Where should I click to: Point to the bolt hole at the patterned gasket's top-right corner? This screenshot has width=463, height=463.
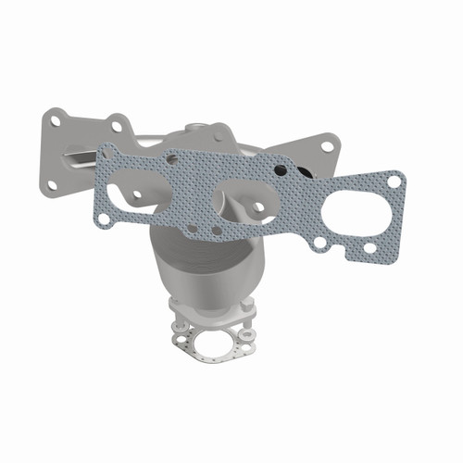[x=395, y=181]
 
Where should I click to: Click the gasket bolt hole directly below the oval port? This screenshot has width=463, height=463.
[x=370, y=248]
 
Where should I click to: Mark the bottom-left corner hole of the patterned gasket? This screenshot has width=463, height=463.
[x=105, y=219]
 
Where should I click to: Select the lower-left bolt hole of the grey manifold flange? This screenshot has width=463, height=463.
[x=51, y=184]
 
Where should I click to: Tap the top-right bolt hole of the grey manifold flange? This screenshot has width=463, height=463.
[x=328, y=144]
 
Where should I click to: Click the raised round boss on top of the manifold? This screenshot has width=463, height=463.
[x=197, y=130]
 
